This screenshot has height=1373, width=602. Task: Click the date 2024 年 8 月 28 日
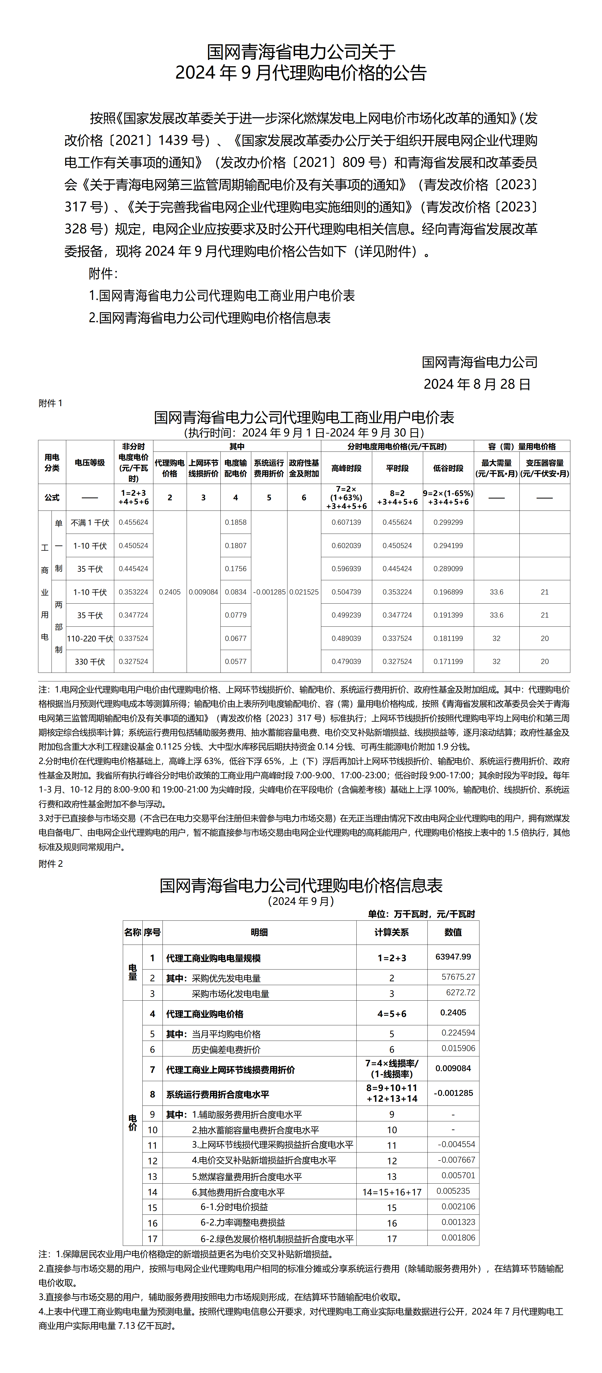(x=477, y=384)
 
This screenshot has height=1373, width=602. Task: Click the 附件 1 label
(x=51, y=403)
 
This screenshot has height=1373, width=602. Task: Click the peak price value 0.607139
(x=346, y=522)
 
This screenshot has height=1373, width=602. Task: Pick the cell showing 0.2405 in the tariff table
(x=169, y=592)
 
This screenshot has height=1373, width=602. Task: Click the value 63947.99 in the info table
(x=453, y=957)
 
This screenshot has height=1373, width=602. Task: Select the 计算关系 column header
(x=392, y=932)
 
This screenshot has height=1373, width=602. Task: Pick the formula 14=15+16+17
(x=392, y=1192)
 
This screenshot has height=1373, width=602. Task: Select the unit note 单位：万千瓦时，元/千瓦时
(x=421, y=914)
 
